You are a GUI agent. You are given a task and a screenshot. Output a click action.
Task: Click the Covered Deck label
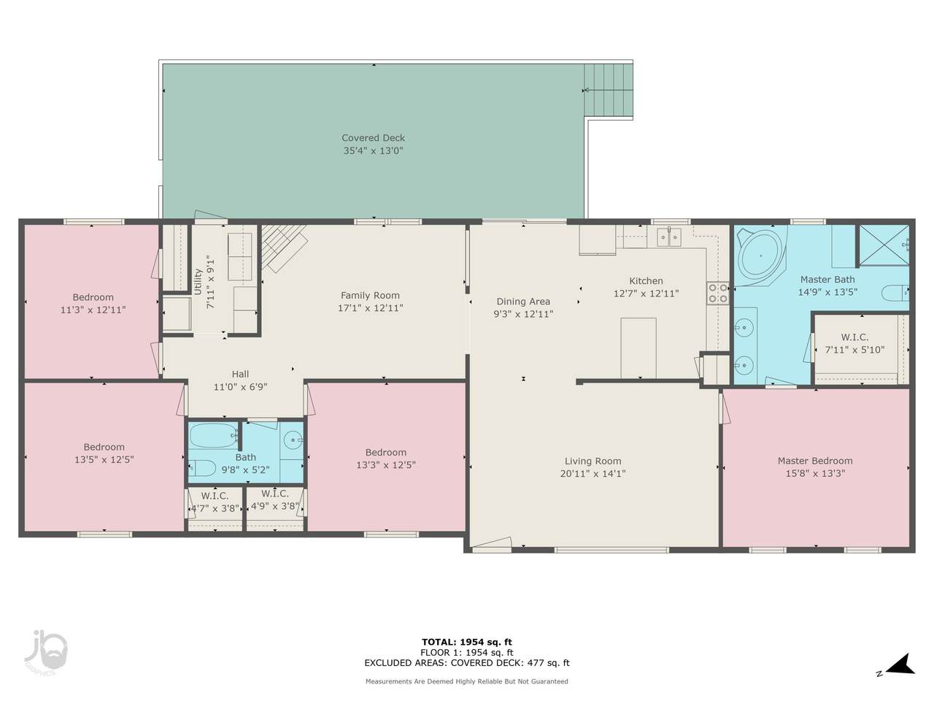tap(373, 138)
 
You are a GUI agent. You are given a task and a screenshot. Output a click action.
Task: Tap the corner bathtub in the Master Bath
tap(761, 256)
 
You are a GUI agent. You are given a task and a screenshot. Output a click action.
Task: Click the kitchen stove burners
tap(717, 294)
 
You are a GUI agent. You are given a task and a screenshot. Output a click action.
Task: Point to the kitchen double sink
tap(669, 237)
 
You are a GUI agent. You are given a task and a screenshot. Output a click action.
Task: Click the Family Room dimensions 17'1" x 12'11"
tap(370, 307)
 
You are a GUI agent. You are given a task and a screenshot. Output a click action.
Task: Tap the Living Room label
tap(593, 461)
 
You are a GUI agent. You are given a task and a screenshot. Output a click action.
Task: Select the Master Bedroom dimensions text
tap(815, 473)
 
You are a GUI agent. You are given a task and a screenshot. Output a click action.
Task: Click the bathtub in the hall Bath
tap(214, 435)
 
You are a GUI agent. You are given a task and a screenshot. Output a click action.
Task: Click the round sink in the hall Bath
tap(293, 439)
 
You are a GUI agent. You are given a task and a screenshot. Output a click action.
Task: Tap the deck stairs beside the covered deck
tap(609, 90)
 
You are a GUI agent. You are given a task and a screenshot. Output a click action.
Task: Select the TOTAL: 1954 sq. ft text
tap(467, 643)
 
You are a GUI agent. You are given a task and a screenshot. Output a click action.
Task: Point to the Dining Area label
tap(523, 302)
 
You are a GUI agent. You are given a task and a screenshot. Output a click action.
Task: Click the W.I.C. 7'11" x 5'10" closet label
tap(855, 343)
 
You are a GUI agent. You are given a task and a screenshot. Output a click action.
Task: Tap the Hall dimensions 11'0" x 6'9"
tap(240, 387)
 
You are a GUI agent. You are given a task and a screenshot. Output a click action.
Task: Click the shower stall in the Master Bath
tap(884, 245)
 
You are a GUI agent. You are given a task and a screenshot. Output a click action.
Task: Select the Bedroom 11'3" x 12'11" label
tap(93, 304)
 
